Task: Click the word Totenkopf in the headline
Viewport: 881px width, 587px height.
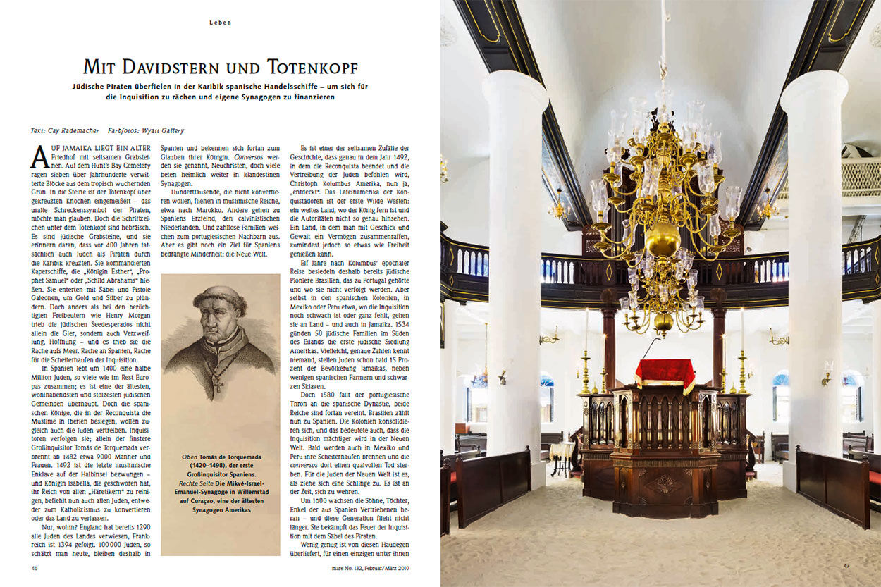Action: point(312,68)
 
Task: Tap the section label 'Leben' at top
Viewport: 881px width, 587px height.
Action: point(220,23)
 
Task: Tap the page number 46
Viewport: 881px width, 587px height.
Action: point(35,567)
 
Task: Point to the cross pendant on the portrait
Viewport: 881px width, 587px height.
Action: point(218,385)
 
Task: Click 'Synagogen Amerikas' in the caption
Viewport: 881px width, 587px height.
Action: point(220,509)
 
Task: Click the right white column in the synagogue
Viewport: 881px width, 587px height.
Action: point(813,282)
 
